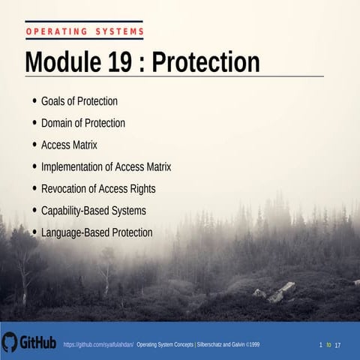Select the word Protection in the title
[205, 62]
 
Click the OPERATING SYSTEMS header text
[84, 31]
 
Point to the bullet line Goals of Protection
[79, 101]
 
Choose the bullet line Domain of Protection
[82, 123]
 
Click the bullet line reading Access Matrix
[69, 145]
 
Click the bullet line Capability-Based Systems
[93, 211]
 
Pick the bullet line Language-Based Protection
[97, 232]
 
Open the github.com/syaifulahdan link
[98, 344]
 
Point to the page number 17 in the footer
[338, 344]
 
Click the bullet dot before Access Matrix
[35, 145]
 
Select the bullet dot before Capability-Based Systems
[35, 211]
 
